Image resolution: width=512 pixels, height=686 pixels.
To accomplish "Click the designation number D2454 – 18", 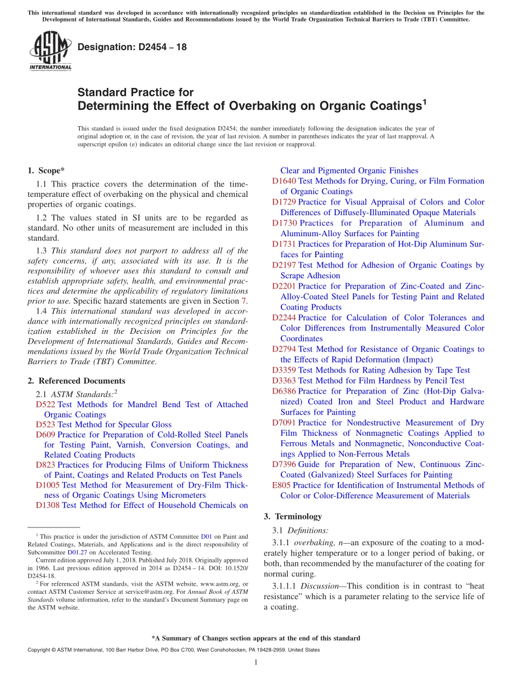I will [132, 47].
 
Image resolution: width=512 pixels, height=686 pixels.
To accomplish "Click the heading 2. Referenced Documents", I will [76, 381].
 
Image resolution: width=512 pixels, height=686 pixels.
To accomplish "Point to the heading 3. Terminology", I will [293, 516].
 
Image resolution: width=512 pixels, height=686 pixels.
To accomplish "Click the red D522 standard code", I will [46, 404].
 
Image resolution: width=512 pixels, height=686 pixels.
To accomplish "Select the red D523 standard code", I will [46, 424].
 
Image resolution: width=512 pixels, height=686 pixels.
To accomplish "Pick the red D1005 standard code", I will [48, 485].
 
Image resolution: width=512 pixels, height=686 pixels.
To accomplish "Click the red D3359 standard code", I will [284, 370].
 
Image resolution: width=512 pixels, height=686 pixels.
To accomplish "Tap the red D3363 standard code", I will [284, 381].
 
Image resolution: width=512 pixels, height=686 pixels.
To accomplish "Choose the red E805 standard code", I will [281, 485].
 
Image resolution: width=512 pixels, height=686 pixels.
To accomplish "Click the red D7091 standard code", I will [284, 423].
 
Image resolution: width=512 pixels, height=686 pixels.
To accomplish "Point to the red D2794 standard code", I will [284, 349].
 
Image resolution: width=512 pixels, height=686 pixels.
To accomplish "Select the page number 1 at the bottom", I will [256, 662].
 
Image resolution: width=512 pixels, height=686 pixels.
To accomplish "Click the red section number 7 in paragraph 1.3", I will [245, 301].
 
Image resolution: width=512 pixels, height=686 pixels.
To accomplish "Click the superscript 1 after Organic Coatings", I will [424, 100].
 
